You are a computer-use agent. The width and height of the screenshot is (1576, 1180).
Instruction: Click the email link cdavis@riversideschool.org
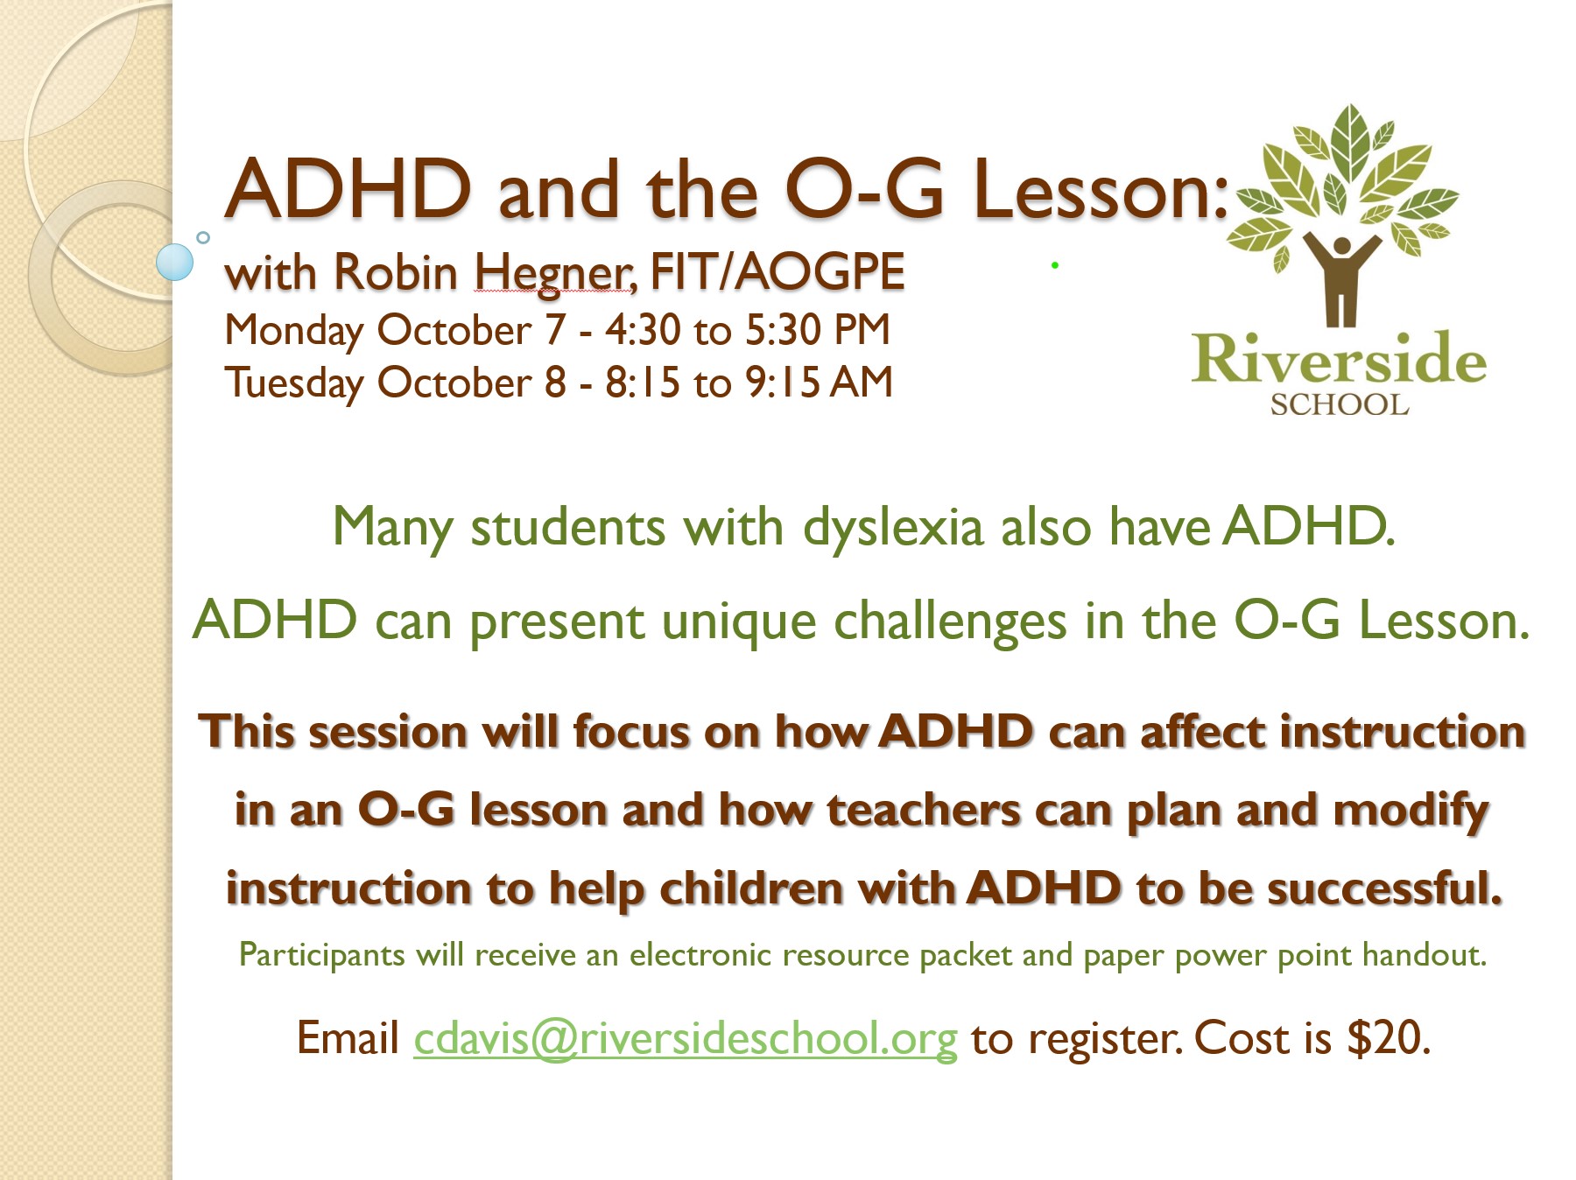coord(686,1039)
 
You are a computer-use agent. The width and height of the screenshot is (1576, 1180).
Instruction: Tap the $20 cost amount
coord(1389,1038)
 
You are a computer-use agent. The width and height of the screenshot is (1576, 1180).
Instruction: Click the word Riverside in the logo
coord(1339,359)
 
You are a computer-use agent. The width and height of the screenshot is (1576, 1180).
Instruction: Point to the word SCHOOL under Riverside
coord(1340,405)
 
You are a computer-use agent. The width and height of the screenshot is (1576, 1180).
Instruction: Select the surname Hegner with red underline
coord(555,274)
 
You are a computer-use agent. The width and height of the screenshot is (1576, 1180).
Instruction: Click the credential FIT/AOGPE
coord(777,271)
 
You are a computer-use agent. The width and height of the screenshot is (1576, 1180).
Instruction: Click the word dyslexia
coord(893,529)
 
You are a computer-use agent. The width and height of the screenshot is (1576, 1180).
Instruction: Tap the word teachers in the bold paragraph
coord(923,811)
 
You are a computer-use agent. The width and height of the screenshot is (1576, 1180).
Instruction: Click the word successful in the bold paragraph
coord(1385,888)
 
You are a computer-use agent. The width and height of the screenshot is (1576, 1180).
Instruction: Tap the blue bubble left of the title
coord(174,262)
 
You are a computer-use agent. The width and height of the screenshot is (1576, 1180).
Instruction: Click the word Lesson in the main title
coord(1101,190)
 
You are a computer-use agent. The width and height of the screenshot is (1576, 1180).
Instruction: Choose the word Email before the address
coord(348,1039)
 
